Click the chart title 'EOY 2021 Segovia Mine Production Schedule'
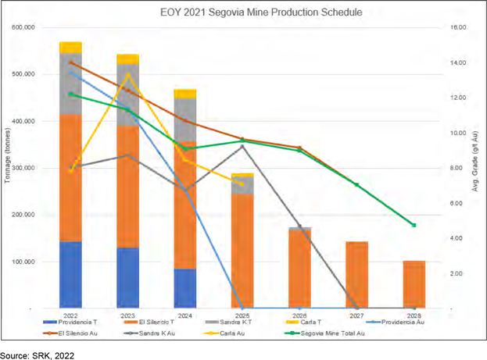(261, 12)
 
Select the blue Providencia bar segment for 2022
(70, 275)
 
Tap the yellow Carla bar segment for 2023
(127, 59)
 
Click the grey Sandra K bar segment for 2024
(185, 119)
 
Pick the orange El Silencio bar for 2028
(414, 284)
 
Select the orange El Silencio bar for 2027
(357, 275)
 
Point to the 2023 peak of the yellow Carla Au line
(127, 74)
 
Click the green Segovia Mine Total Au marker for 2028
(414, 225)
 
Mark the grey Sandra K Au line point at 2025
(242, 146)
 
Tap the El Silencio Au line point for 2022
(70, 62)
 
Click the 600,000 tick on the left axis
(23, 27)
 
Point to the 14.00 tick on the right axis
(458, 62)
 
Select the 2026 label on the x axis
(299, 315)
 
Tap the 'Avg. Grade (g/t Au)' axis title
(475, 162)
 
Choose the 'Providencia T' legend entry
(70, 323)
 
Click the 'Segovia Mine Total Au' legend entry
(325, 333)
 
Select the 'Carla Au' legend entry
(224, 333)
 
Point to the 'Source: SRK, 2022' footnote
(38, 355)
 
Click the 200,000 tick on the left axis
(23, 215)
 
